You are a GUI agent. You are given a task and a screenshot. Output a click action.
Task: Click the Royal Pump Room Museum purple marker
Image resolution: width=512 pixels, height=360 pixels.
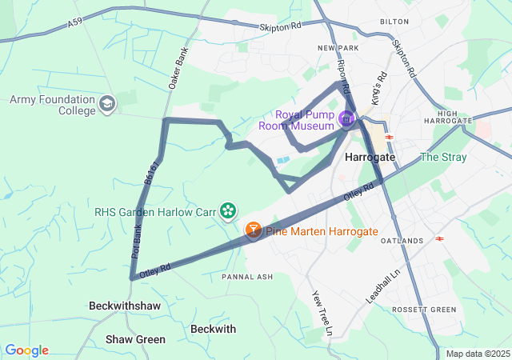(x=346, y=120)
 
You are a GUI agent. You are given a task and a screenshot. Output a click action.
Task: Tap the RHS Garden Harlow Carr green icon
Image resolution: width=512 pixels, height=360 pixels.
(x=229, y=210)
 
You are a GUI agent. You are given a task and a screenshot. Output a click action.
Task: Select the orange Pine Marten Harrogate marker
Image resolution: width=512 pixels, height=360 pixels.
(x=253, y=230)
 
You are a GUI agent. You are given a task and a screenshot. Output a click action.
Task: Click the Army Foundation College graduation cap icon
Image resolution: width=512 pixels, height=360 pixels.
(x=107, y=103)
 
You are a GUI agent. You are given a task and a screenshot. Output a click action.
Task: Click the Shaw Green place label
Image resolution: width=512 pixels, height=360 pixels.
(x=135, y=339)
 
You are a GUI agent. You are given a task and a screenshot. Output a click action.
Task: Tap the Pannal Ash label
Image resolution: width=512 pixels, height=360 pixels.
(x=247, y=277)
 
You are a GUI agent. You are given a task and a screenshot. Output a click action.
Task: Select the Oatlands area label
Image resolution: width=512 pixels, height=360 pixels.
(x=402, y=241)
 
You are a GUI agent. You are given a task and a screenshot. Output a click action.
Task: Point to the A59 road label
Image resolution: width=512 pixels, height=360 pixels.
(x=75, y=26)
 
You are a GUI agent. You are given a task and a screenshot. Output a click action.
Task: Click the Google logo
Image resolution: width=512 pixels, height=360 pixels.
(x=26, y=350)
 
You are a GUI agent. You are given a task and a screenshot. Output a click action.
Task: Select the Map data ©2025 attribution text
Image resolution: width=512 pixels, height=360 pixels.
(x=478, y=354)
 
